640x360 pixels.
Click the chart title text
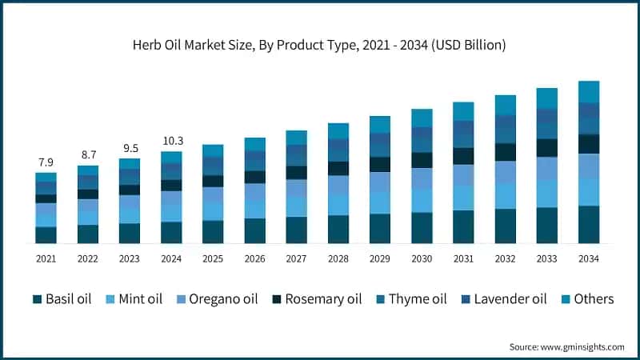pos(320,46)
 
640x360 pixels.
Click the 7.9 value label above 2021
pos(46,162)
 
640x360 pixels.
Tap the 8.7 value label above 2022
pos(87,154)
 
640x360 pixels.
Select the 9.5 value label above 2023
pos(129,147)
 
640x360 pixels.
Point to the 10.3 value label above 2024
pos(171,140)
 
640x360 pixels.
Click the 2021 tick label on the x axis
pos(46,258)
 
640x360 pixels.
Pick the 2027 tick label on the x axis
pos(296,258)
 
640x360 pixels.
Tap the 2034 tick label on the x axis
pos(589,258)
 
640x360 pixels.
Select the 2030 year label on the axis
pos(422,258)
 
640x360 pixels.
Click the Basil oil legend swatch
pos(37,299)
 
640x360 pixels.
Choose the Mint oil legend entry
pos(137,299)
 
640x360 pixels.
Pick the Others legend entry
pos(587,299)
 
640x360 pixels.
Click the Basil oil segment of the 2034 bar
pos(589,224)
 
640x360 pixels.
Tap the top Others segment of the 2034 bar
pos(589,91)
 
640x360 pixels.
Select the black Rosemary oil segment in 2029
pos(380,164)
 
